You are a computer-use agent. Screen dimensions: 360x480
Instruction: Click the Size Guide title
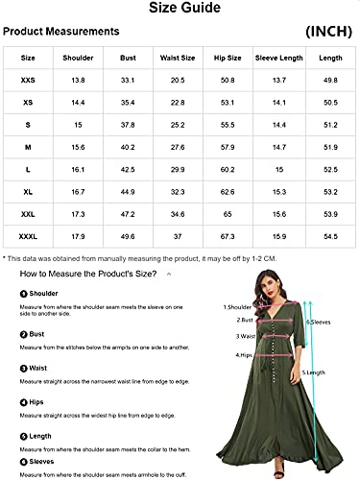pyautogui.click(x=180, y=10)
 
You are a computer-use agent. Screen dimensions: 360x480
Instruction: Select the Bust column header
pyautogui.click(x=128, y=59)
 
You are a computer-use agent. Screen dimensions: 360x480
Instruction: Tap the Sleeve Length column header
pyautogui.click(x=279, y=59)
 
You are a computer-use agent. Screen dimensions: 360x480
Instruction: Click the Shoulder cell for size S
pyautogui.click(x=78, y=125)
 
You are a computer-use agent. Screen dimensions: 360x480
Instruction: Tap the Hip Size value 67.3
pyautogui.click(x=228, y=235)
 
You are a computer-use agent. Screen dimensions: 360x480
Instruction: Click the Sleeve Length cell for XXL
pyautogui.click(x=279, y=213)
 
